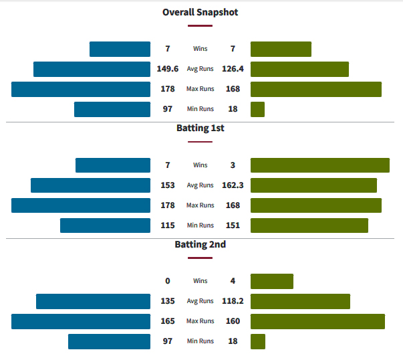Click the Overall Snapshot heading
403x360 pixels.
(200, 12)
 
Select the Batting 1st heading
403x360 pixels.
(200, 128)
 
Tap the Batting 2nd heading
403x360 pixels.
(200, 244)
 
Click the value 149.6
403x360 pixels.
(167, 69)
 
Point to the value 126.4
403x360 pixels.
(233, 69)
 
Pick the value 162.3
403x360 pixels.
(233, 185)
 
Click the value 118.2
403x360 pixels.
(233, 301)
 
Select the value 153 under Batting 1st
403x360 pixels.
(167, 185)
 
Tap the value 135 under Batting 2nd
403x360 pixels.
(167, 301)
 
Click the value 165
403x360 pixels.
(167, 321)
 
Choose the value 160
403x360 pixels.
(233, 321)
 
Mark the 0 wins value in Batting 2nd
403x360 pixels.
(167, 281)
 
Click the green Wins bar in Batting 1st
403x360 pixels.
(320, 165)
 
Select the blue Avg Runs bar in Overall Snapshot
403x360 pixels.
(92, 69)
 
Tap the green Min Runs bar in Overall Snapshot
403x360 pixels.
(257, 109)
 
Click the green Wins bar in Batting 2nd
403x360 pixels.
(272, 281)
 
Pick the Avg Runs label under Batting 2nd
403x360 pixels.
(200, 301)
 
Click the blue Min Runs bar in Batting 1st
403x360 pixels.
(105, 226)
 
